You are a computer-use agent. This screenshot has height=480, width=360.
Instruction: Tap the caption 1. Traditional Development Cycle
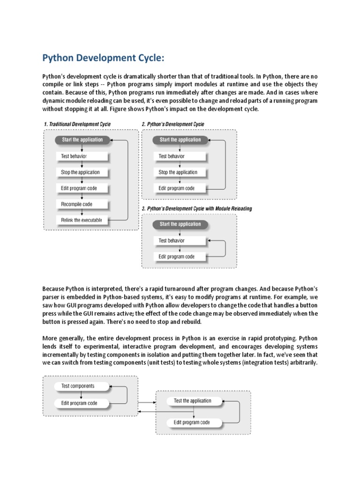coord(77,124)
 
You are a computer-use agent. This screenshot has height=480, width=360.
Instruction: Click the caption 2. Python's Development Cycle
coord(173,124)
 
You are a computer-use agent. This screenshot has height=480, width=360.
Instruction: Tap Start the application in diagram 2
coord(180,140)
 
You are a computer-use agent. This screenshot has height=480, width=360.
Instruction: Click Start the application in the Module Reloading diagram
coord(180,224)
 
